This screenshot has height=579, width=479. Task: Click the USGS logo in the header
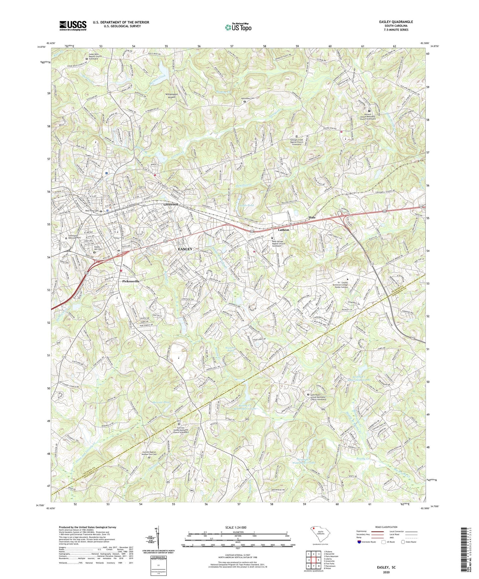tap(73, 26)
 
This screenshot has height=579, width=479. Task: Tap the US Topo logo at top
tap(238, 27)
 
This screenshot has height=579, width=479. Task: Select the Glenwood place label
tap(170, 205)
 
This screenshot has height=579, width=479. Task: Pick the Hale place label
tap(312, 218)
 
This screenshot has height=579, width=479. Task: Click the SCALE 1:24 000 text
tap(237, 527)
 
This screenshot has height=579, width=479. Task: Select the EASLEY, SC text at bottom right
tap(386, 567)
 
